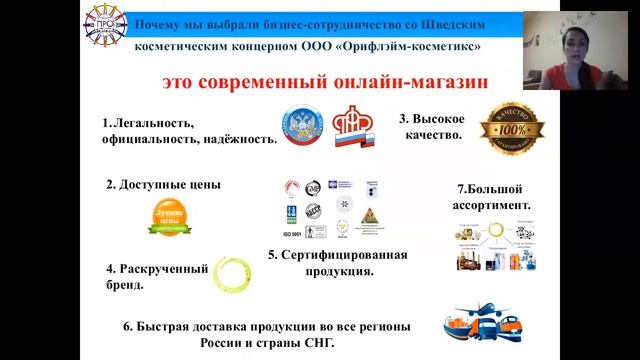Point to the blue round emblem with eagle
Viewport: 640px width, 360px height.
(301, 127)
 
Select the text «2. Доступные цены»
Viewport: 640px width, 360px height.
(163, 185)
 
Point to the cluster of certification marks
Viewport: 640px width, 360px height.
(324, 208)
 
